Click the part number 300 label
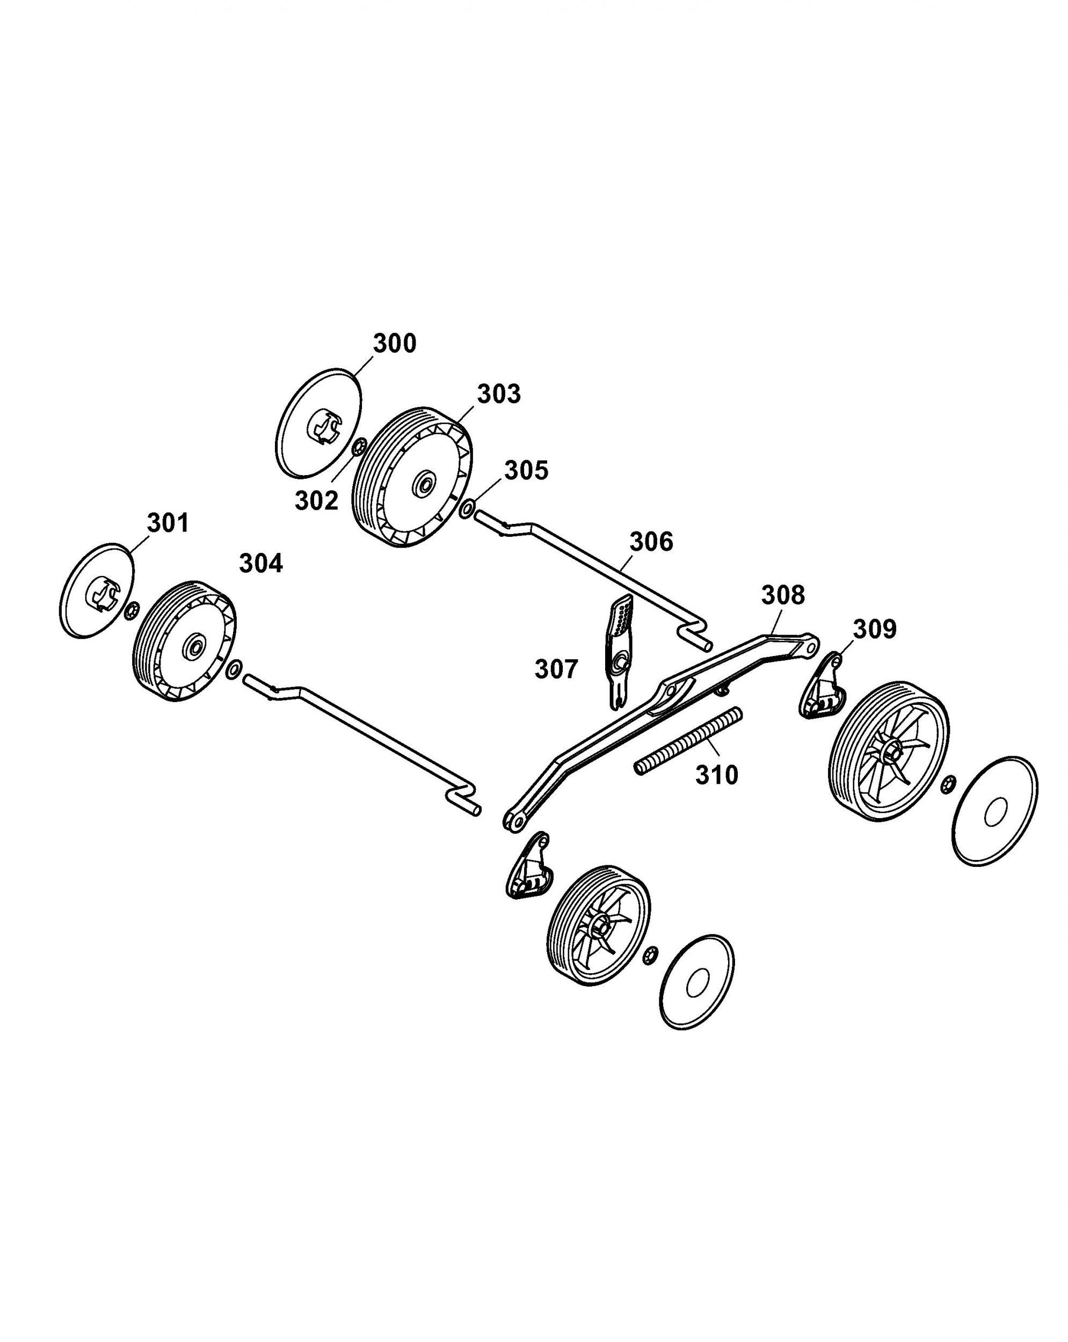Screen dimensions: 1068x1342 pyautogui.click(x=394, y=344)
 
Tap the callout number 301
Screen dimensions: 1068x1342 pyautogui.click(x=168, y=523)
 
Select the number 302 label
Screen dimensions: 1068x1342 pyautogui.click(x=316, y=500)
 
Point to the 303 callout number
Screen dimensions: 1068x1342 pyautogui.click(x=499, y=394)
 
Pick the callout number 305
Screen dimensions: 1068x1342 pyautogui.click(x=526, y=471)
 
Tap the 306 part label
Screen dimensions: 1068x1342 pyautogui.click(x=651, y=542)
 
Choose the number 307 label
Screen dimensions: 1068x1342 pyautogui.click(x=556, y=669)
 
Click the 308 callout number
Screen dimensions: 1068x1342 pyautogui.click(x=783, y=595)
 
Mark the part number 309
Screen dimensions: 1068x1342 pyautogui.click(x=874, y=629)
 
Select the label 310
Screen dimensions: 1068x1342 pyautogui.click(x=716, y=775)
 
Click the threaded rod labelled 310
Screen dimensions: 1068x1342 pyautogui.click(x=688, y=741)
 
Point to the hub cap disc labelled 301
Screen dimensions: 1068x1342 pyautogui.click(x=97, y=590)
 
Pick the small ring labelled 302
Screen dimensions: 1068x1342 pyautogui.click(x=359, y=447)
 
